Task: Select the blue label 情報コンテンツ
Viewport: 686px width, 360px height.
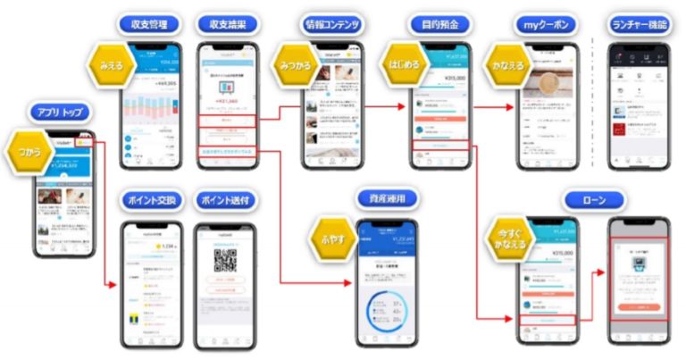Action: [331, 23]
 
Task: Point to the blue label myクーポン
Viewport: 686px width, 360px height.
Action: [542, 23]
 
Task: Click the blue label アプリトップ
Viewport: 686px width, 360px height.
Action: [61, 113]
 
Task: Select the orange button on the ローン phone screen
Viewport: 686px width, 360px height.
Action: [638, 306]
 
